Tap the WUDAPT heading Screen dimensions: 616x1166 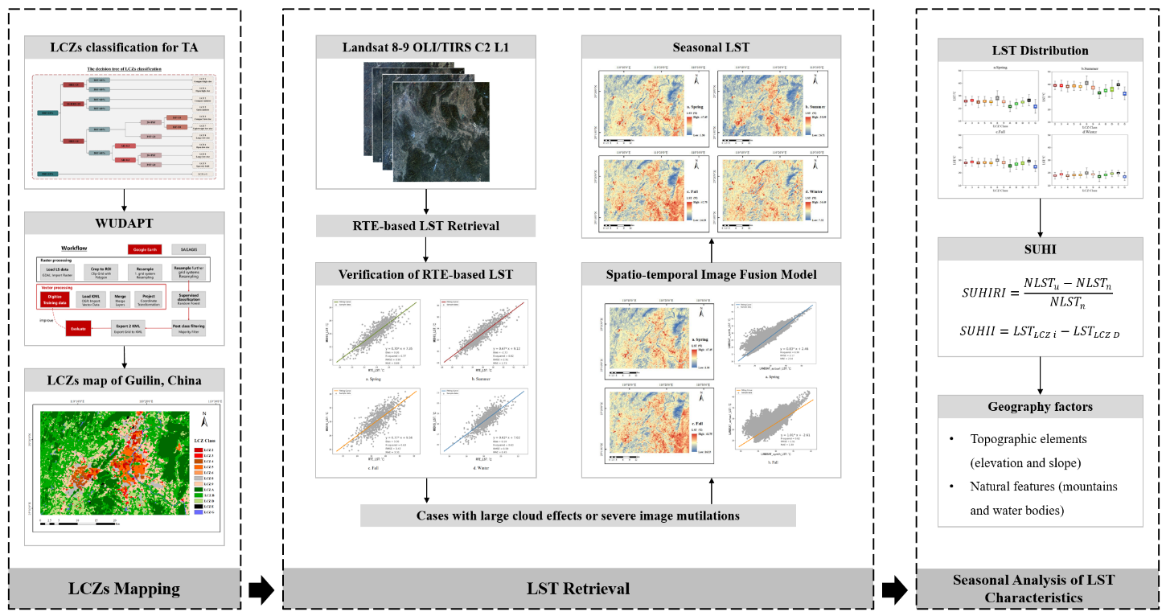tap(125, 223)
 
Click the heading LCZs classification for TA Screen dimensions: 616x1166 tap(125, 47)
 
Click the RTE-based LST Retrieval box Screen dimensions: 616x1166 tap(425, 225)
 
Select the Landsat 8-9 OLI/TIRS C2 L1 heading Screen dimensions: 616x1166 tap(425, 47)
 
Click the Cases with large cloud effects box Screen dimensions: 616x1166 tap(578, 515)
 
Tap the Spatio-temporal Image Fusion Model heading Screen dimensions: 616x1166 tap(712, 274)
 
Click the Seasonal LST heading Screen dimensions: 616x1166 tap(712, 47)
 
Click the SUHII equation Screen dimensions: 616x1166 tap(1041, 331)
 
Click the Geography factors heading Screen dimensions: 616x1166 tap(1041, 407)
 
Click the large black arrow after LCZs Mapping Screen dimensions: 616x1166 tap(261, 589)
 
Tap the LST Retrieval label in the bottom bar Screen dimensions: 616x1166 tap(578, 589)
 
